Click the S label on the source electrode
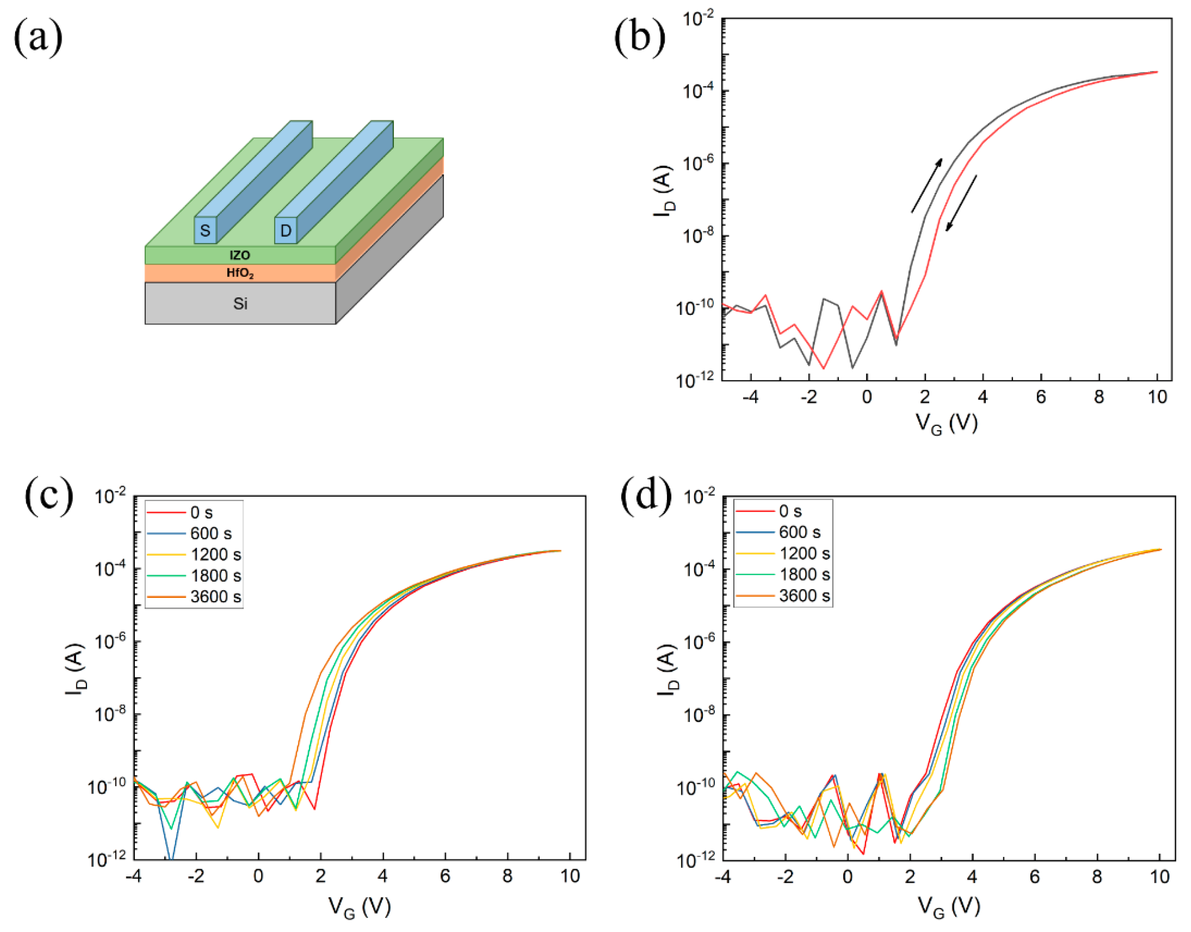205,231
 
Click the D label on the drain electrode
286,231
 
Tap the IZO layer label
239,255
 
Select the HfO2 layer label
240,273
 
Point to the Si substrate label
240,303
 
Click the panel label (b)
639,37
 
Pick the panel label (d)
647,497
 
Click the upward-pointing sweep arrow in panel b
926,186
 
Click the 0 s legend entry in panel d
789,511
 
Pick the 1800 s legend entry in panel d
803,574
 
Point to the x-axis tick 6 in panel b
1041,397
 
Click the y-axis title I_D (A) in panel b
664,191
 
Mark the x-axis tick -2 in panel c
196,877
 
